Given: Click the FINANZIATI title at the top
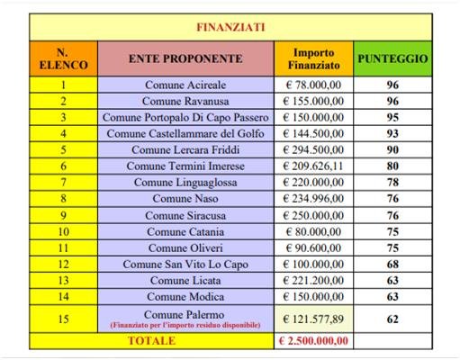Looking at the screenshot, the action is coord(230,26).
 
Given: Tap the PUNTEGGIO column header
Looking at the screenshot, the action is coord(392,58).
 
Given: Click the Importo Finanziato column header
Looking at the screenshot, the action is coord(313,58).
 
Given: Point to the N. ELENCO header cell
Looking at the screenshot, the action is coord(64,58).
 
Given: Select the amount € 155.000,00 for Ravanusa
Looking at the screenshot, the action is coord(313,102).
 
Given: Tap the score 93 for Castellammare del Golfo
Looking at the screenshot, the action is coord(392,133).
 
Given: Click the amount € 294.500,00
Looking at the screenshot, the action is coord(313,149).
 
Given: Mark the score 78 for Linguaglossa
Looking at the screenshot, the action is coord(392,182).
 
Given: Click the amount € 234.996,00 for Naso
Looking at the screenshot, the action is coord(313,198).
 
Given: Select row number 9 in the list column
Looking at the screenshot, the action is coord(64,215).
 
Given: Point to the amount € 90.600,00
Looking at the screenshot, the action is coord(313,247).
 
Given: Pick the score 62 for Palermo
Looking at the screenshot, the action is coord(392,319).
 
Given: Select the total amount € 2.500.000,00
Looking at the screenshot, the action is coord(313,341).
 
